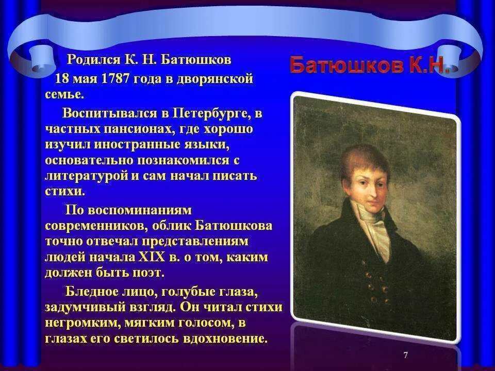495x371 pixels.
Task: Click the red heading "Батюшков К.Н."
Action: click(x=370, y=65)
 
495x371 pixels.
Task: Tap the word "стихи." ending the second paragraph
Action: click(x=64, y=192)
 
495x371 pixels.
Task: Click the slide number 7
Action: click(x=405, y=355)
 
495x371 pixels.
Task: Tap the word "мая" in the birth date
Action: click(x=82, y=80)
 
